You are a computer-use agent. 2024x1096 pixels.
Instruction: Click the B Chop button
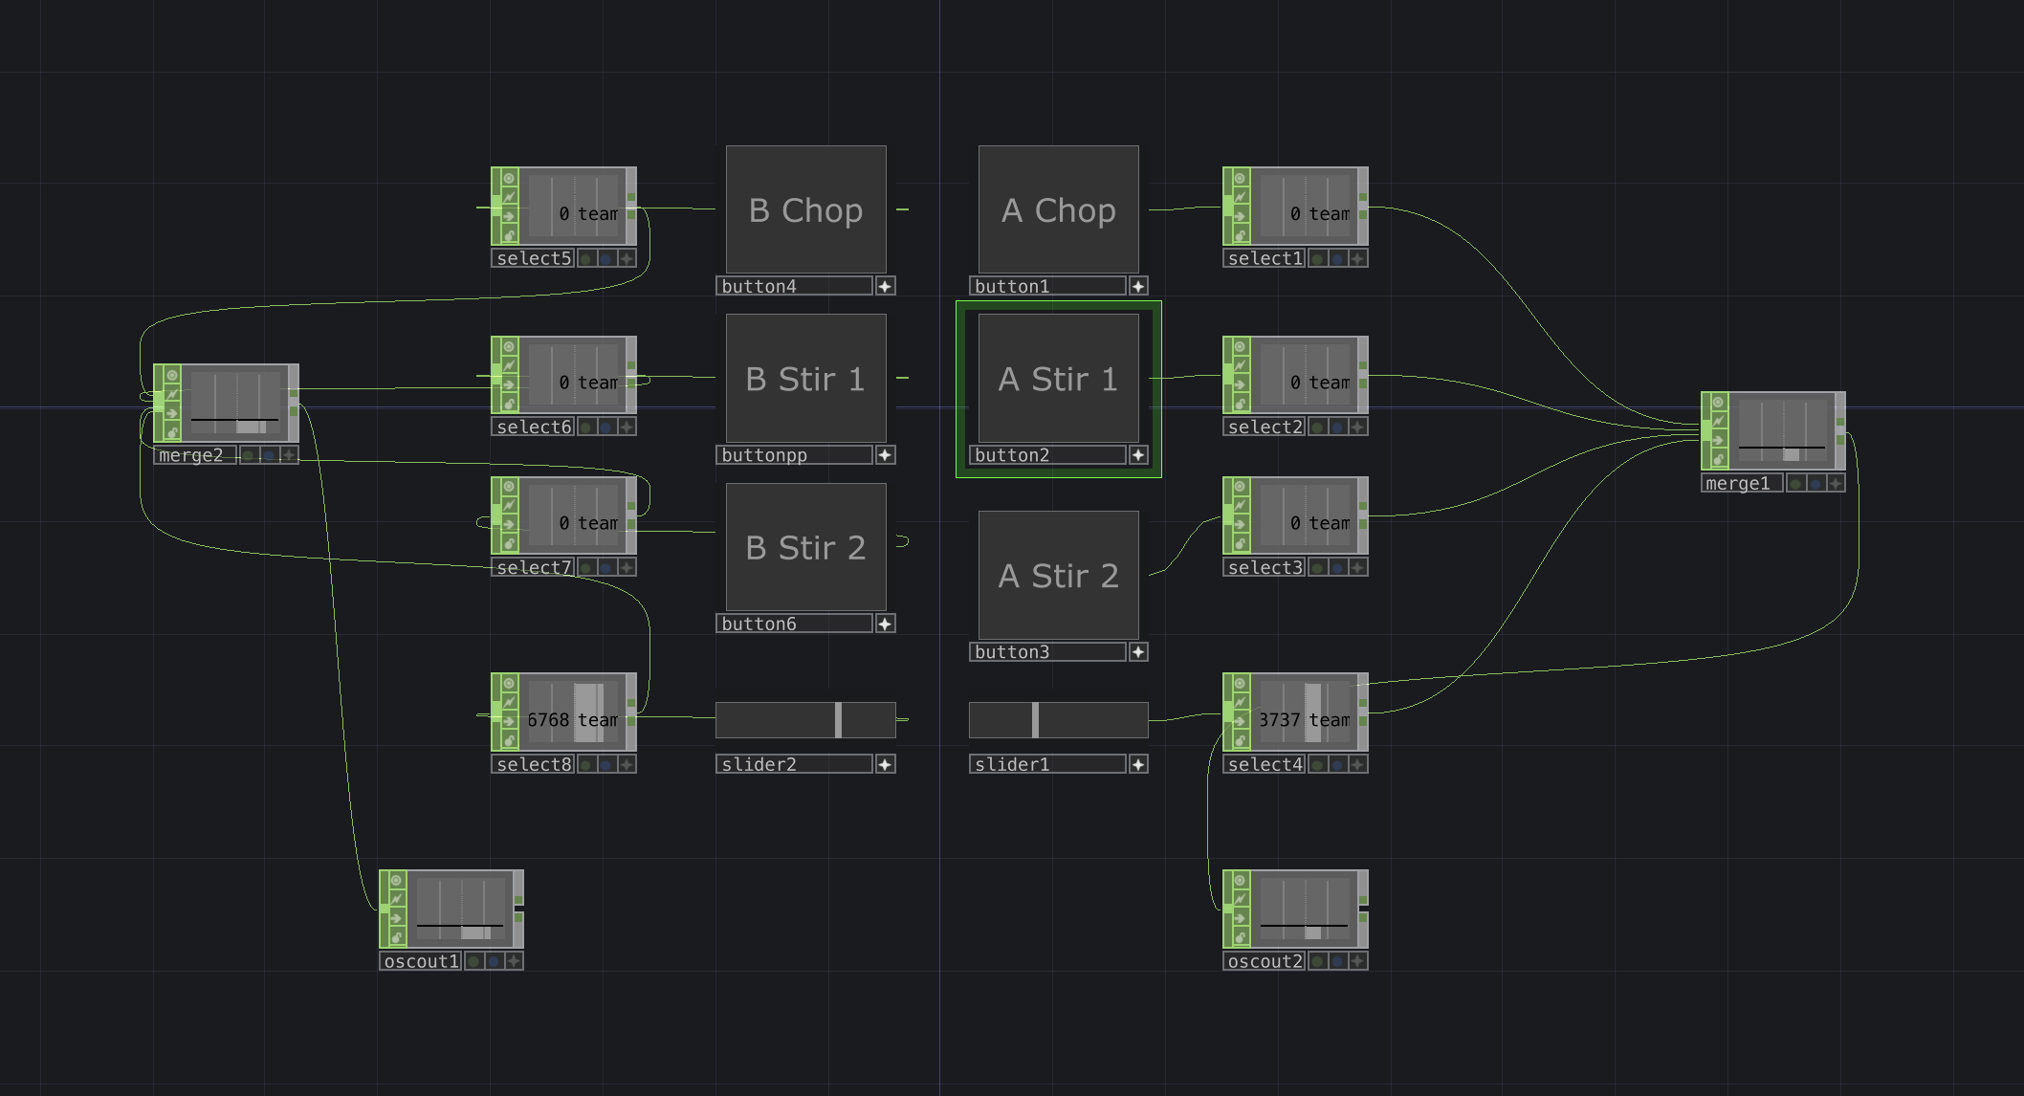[805, 209]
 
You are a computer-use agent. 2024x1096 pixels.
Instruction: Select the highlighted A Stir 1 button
[1058, 379]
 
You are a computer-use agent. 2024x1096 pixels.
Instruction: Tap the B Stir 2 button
[805, 547]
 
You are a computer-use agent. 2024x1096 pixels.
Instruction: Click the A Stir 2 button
[1058, 576]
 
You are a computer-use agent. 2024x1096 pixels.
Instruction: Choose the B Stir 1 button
[805, 379]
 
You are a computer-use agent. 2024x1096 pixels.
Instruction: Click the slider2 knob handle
[838, 720]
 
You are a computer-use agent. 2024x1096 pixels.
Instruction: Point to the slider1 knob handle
[1035, 720]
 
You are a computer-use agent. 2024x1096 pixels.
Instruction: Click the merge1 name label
[1739, 484]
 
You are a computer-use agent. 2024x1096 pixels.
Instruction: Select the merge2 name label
[192, 455]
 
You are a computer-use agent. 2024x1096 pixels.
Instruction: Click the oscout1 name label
[421, 961]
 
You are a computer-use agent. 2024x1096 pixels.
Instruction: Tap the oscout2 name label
[1265, 961]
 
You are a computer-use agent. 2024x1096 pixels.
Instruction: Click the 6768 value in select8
[548, 720]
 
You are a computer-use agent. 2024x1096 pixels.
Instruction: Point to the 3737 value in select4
[1279, 720]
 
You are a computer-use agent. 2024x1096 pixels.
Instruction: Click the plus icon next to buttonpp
[885, 455]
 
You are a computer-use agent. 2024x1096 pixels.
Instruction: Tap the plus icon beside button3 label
[1138, 652]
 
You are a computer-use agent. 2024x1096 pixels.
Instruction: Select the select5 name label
[533, 258]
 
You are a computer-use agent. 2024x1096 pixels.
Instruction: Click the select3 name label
[1265, 568]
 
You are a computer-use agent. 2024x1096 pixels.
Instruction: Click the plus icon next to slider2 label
[885, 764]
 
